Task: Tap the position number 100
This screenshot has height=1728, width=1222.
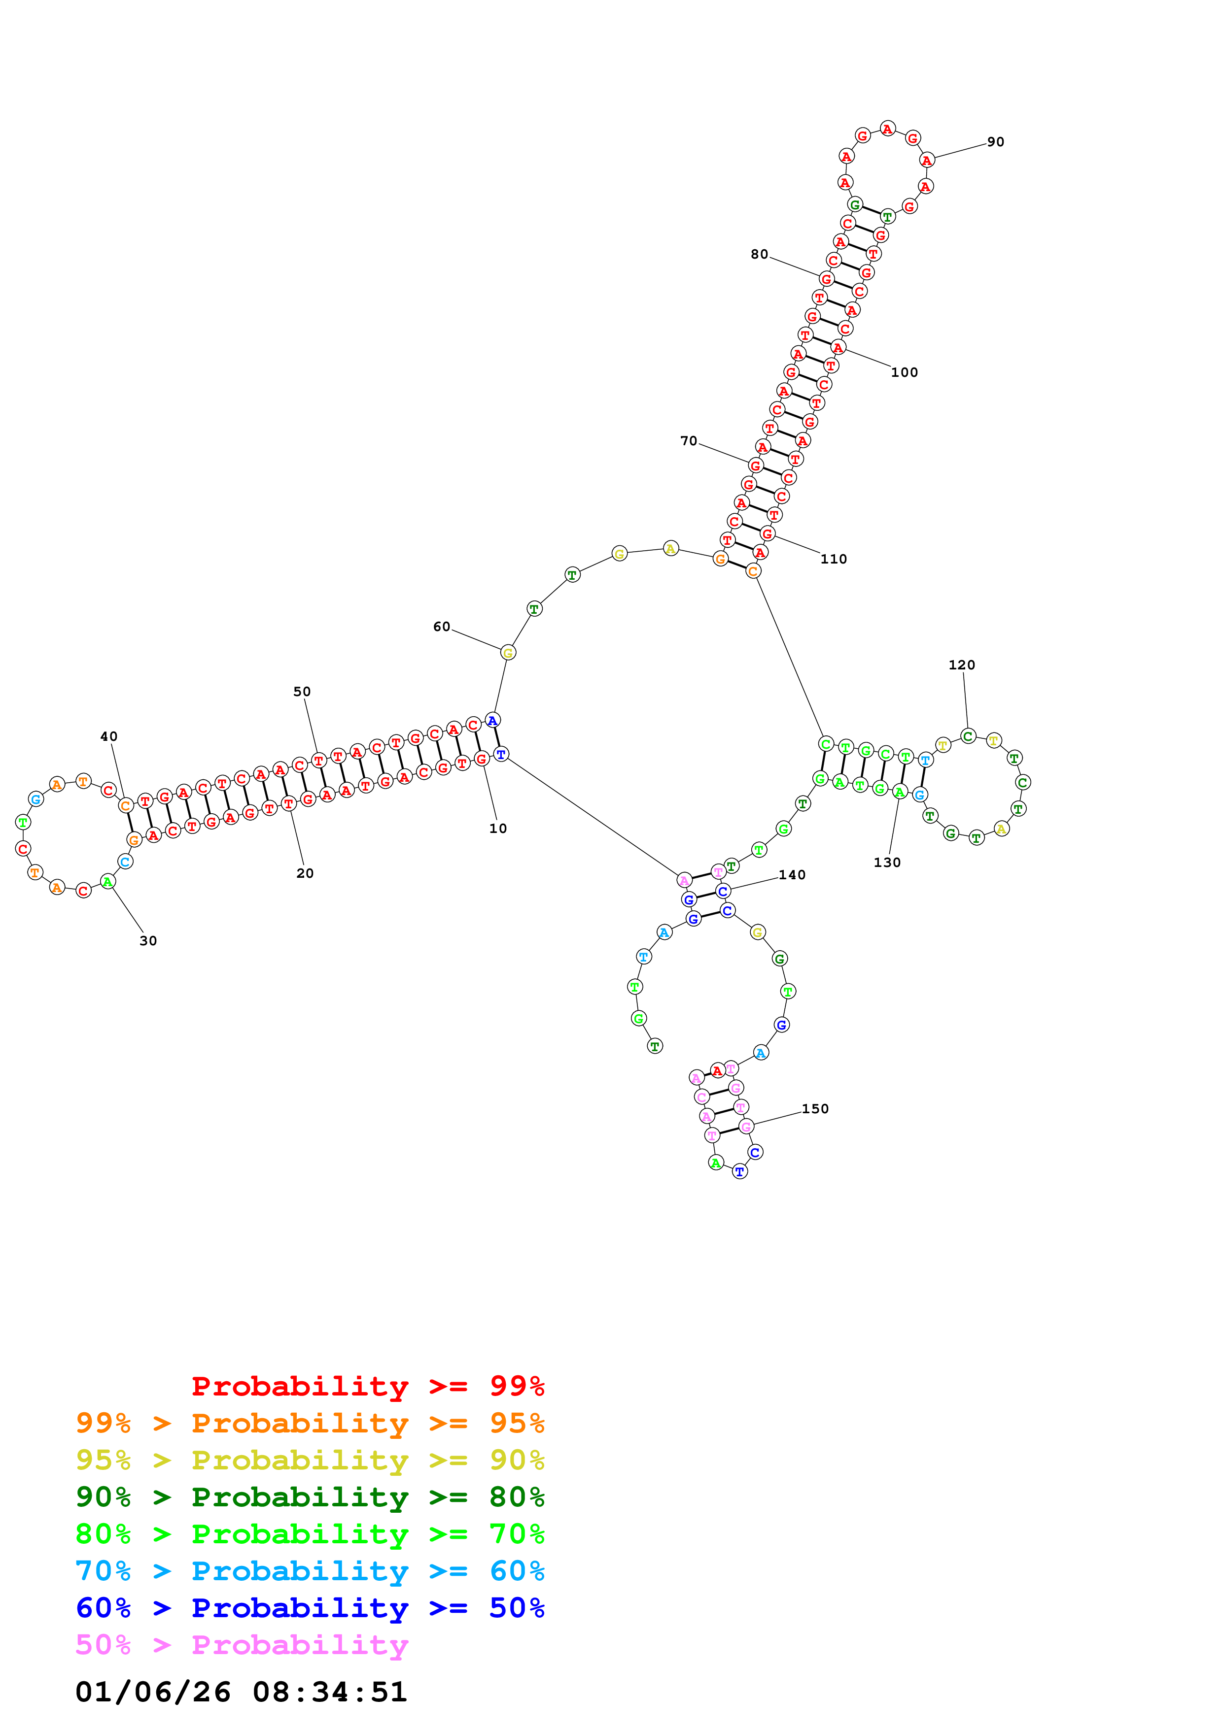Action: click(904, 372)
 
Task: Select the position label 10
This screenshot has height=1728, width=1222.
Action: click(498, 829)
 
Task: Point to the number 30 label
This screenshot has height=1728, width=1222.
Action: click(148, 941)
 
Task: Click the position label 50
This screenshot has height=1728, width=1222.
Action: click(302, 692)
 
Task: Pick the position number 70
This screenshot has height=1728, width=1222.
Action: click(688, 441)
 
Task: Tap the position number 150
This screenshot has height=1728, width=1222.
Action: click(815, 1109)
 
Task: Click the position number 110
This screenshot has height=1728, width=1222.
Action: click(834, 559)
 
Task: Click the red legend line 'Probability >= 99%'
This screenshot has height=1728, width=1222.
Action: click(367, 1386)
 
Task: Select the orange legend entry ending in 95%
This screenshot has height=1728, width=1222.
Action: click(310, 1423)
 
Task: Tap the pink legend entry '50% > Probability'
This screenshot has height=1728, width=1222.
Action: click(242, 1644)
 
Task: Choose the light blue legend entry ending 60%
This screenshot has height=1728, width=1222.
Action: click(310, 1571)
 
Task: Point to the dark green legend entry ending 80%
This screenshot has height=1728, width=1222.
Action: click(310, 1497)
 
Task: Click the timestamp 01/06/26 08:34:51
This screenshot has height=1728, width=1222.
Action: click(241, 1692)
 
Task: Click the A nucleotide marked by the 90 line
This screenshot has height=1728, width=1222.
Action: click(927, 160)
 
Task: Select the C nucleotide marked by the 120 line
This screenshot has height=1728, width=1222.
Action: click(968, 736)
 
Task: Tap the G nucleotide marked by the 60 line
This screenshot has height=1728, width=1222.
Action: click(508, 653)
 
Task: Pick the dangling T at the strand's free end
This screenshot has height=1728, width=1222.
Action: click(655, 1046)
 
